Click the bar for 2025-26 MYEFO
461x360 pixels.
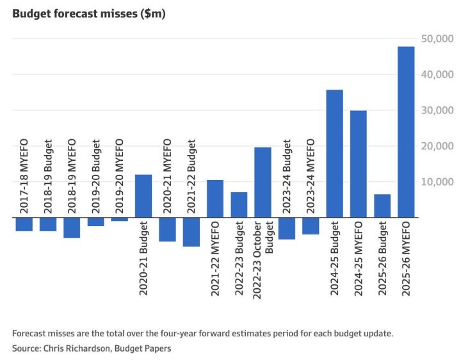tap(406, 132)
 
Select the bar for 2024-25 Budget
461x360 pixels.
tap(334, 154)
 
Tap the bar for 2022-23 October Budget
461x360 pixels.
tap(263, 183)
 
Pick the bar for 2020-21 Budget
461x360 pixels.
tap(143, 196)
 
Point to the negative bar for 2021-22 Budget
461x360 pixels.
tap(191, 232)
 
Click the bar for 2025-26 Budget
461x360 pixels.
tap(382, 206)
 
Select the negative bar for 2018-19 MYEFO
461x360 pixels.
tap(72, 228)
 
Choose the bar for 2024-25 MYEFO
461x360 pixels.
tap(359, 164)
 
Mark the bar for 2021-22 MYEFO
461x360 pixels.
tap(215, 199)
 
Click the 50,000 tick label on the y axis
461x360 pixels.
tap(435, 38)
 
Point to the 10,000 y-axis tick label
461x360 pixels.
tap(435, 182)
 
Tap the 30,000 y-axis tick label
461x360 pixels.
tap(435, 110)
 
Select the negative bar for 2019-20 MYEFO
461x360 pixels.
tap(120, 220)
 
